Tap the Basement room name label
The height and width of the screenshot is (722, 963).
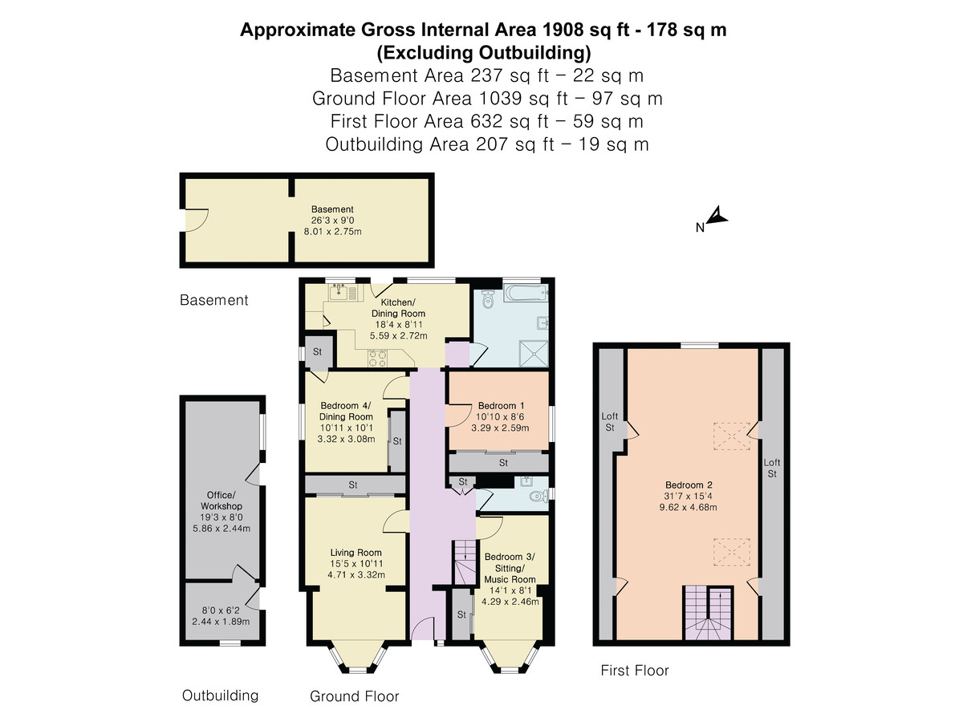coord(332,209)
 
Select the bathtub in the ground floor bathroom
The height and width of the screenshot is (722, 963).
coord(525,292)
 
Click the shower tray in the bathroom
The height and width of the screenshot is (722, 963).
coord(534,353)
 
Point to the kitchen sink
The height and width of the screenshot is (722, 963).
coord(339,291)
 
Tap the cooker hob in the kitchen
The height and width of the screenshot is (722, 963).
coord(377,358)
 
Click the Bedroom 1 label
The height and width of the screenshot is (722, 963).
coord(501,405)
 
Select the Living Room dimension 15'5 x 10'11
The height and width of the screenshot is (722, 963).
coord(356,564)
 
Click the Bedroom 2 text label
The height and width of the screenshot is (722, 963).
coord(689,485)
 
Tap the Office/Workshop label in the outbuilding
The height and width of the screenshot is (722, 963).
coord(221,500)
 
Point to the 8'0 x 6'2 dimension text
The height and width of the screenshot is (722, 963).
coord(221,610)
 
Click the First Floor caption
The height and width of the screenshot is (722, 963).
coord(635,671)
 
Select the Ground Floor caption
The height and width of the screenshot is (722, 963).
coord(354,696)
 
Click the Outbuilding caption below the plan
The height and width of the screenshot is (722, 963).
coord(220,696)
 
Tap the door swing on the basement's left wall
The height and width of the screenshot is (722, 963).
coord(197,220)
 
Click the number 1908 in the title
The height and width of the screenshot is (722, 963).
coord(563,30)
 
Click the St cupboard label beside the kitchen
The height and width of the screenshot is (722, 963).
coord(317,351)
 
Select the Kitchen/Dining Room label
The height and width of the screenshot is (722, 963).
coord(398,308)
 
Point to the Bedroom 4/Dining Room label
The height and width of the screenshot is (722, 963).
coord(346,412)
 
